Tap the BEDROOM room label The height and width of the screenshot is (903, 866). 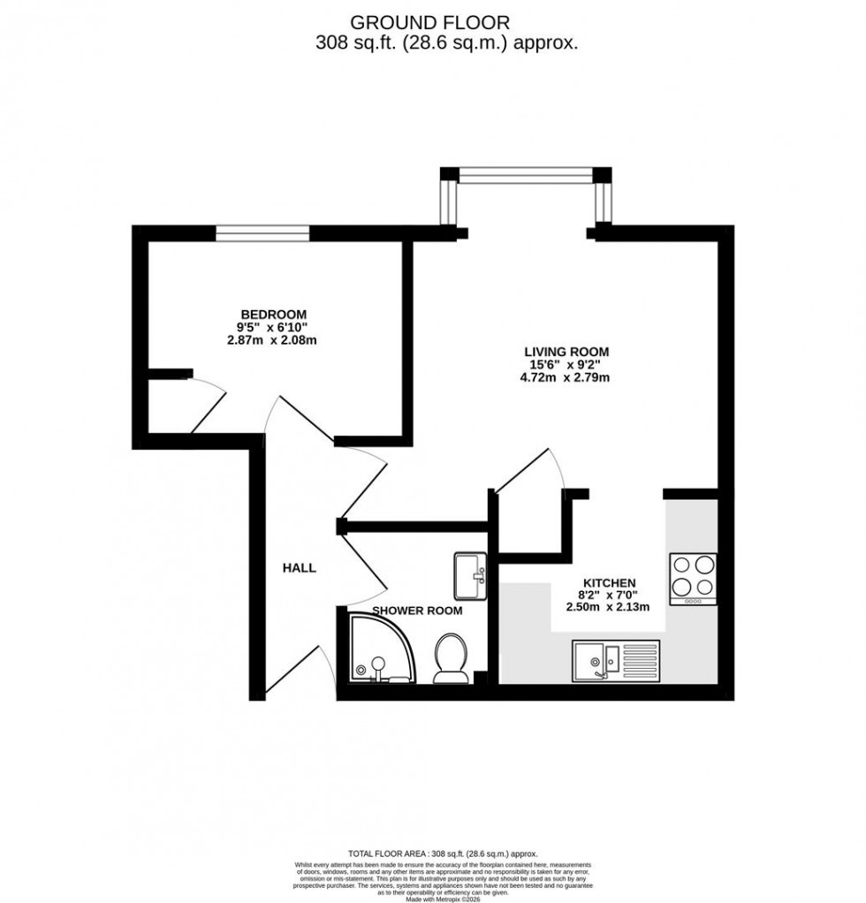274,315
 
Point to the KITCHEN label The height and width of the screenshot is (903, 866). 608,583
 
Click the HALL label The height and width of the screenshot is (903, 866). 300,568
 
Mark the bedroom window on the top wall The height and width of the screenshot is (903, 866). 263,232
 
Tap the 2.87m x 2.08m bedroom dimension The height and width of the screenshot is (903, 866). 270,339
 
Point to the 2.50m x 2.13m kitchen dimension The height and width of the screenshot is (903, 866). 608,607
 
